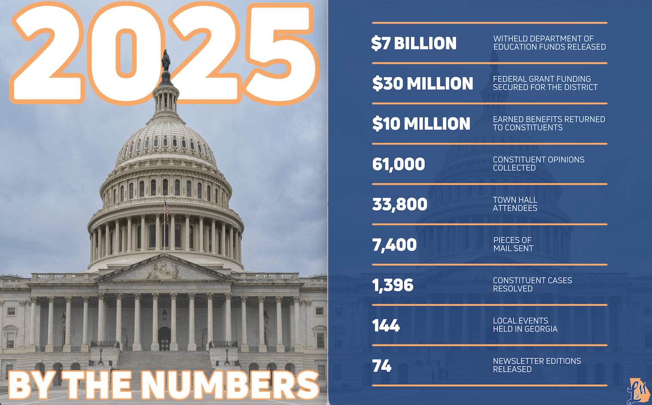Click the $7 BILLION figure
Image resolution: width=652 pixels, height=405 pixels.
pos(414,43)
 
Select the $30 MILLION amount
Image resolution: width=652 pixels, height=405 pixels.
pos(423,83)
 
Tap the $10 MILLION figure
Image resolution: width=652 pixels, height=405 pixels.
pos(421,124)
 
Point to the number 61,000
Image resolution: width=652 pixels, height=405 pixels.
pos(399,164)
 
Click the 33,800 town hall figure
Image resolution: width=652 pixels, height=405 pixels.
pos(400,205)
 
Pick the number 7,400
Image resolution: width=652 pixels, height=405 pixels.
pos(394,245)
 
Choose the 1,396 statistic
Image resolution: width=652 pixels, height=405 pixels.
pos(393,285)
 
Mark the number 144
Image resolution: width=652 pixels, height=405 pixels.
pos(386,325)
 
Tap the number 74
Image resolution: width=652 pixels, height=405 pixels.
pos(381,366)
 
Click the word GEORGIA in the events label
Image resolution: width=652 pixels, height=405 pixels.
pos(541,329)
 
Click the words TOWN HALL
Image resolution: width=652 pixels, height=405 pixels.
pos(515,200)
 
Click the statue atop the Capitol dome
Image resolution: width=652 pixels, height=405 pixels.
pos(166,60)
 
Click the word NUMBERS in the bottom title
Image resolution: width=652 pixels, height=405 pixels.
pos(230,385)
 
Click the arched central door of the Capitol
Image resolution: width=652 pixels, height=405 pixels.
pos(164,338)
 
